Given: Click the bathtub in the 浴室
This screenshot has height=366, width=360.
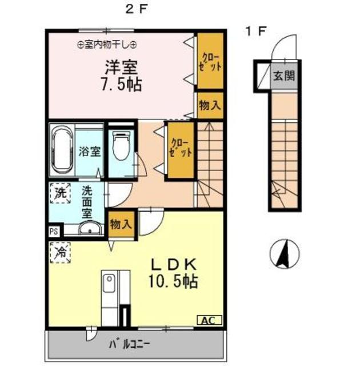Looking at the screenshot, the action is pos(62,151).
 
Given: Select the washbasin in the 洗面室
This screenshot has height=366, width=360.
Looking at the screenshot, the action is pos(90,227).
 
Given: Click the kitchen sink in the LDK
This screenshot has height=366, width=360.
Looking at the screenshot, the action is pos(109,284).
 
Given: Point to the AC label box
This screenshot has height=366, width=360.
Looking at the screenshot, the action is pos(209,320).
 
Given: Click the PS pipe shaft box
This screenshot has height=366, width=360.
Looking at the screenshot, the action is pos(54,232).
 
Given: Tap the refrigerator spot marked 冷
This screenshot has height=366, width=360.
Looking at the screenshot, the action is pos(60,253).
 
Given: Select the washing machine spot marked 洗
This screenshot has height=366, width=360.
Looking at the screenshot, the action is pos(60,193).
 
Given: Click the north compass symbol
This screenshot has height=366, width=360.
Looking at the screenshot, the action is pos(285,254).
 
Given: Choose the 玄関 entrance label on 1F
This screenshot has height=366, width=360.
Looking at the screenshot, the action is pos(284,76).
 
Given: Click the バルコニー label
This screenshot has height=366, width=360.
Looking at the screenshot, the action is pos(129,344).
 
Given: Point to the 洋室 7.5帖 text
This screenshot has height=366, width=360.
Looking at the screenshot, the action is pos(121,75).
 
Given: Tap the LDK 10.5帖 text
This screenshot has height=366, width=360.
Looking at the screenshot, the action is pos(173,273).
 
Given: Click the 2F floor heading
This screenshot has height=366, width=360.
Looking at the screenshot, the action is pos(137,10).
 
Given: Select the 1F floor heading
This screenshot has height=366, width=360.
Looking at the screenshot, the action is pos(256,31).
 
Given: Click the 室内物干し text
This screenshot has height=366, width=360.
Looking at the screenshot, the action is pos(106,45).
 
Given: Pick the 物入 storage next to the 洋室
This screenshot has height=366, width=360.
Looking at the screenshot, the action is pos(210,105).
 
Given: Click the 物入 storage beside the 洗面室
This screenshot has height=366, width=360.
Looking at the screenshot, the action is pos(121,225).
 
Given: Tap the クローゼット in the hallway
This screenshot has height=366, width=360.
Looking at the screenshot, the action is pos(181,150).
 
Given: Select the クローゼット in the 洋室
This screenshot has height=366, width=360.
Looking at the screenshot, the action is pos(210,61).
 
